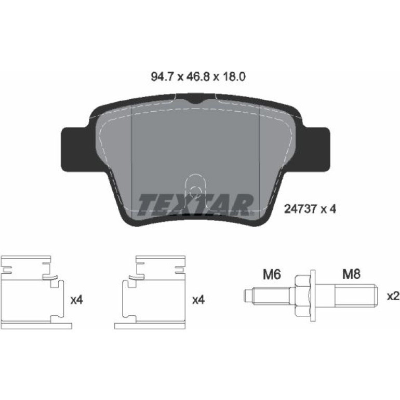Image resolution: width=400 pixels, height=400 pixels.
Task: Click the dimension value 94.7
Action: (163, 76)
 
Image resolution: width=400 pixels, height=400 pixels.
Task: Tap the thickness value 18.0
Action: (233, 76)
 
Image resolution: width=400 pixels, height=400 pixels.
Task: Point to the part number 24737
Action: (300, 209)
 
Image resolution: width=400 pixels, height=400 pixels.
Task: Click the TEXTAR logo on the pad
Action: (196, 205)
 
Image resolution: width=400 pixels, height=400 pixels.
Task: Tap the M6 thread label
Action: (272, 275)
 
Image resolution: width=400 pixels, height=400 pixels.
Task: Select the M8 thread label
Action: (351, 275)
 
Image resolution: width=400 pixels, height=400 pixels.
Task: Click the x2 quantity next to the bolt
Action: (393, 296)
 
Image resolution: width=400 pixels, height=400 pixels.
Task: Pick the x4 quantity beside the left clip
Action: (77, 300)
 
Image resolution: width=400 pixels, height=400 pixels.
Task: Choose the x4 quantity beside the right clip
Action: (198, 300)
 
